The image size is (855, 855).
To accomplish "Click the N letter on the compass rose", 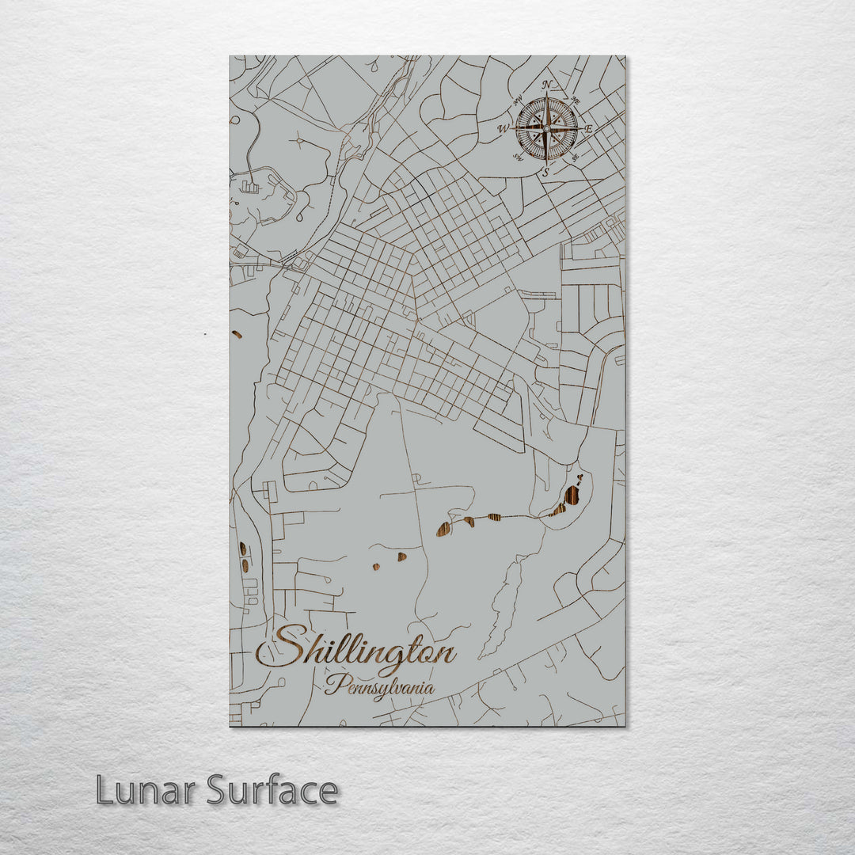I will (546, 85).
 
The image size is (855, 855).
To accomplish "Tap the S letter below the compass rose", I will (545, 171).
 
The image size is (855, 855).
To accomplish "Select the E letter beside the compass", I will (588, 128).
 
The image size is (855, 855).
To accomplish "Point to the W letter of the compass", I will (502, 128).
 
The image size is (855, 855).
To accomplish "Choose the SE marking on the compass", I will (576, 156).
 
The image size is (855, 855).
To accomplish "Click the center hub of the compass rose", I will (546, 128).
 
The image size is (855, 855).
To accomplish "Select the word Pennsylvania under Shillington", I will (379, 686).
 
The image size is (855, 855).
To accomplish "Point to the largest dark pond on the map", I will (570, 497).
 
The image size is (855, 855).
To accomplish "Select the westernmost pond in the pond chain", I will (443, 528).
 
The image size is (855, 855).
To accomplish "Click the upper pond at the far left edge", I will (242, 548).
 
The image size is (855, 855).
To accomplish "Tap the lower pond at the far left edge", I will (245, 565).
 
